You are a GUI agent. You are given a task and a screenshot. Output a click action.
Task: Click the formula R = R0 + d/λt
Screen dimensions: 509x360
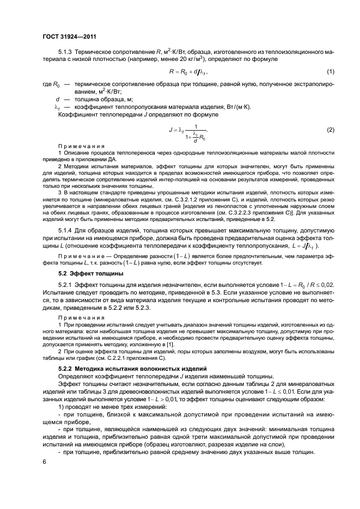(x=189, y=72)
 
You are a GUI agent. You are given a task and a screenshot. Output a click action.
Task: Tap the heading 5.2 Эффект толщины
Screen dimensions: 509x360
(x=83, y=273)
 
